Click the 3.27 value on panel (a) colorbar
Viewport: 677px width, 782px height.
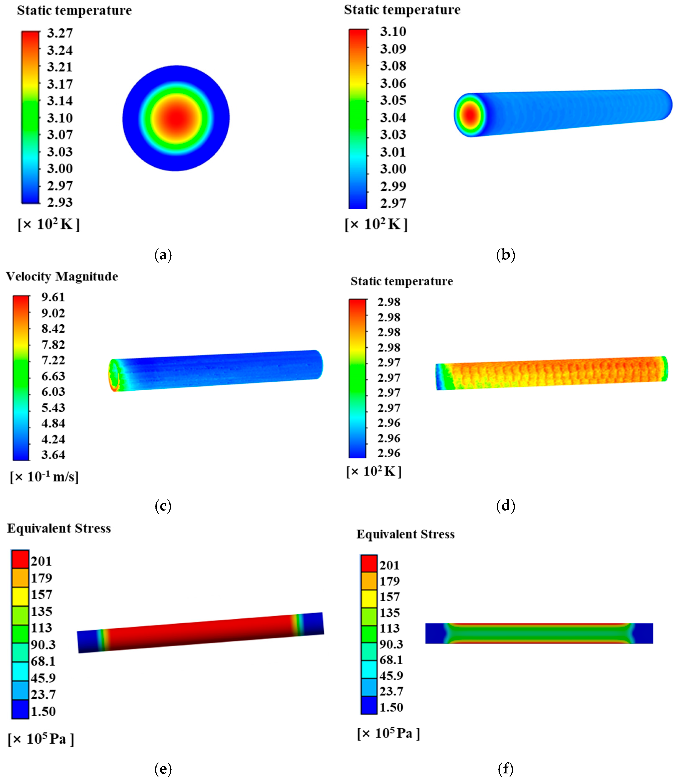(60, 33)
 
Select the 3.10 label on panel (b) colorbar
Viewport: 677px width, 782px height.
(393, 32)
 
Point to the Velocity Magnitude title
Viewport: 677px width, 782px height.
(62, 276)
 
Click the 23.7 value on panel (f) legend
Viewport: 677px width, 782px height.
(391, 691)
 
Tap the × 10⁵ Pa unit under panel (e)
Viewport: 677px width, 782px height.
(41, 739)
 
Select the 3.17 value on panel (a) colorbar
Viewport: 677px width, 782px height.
(60, 84)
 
